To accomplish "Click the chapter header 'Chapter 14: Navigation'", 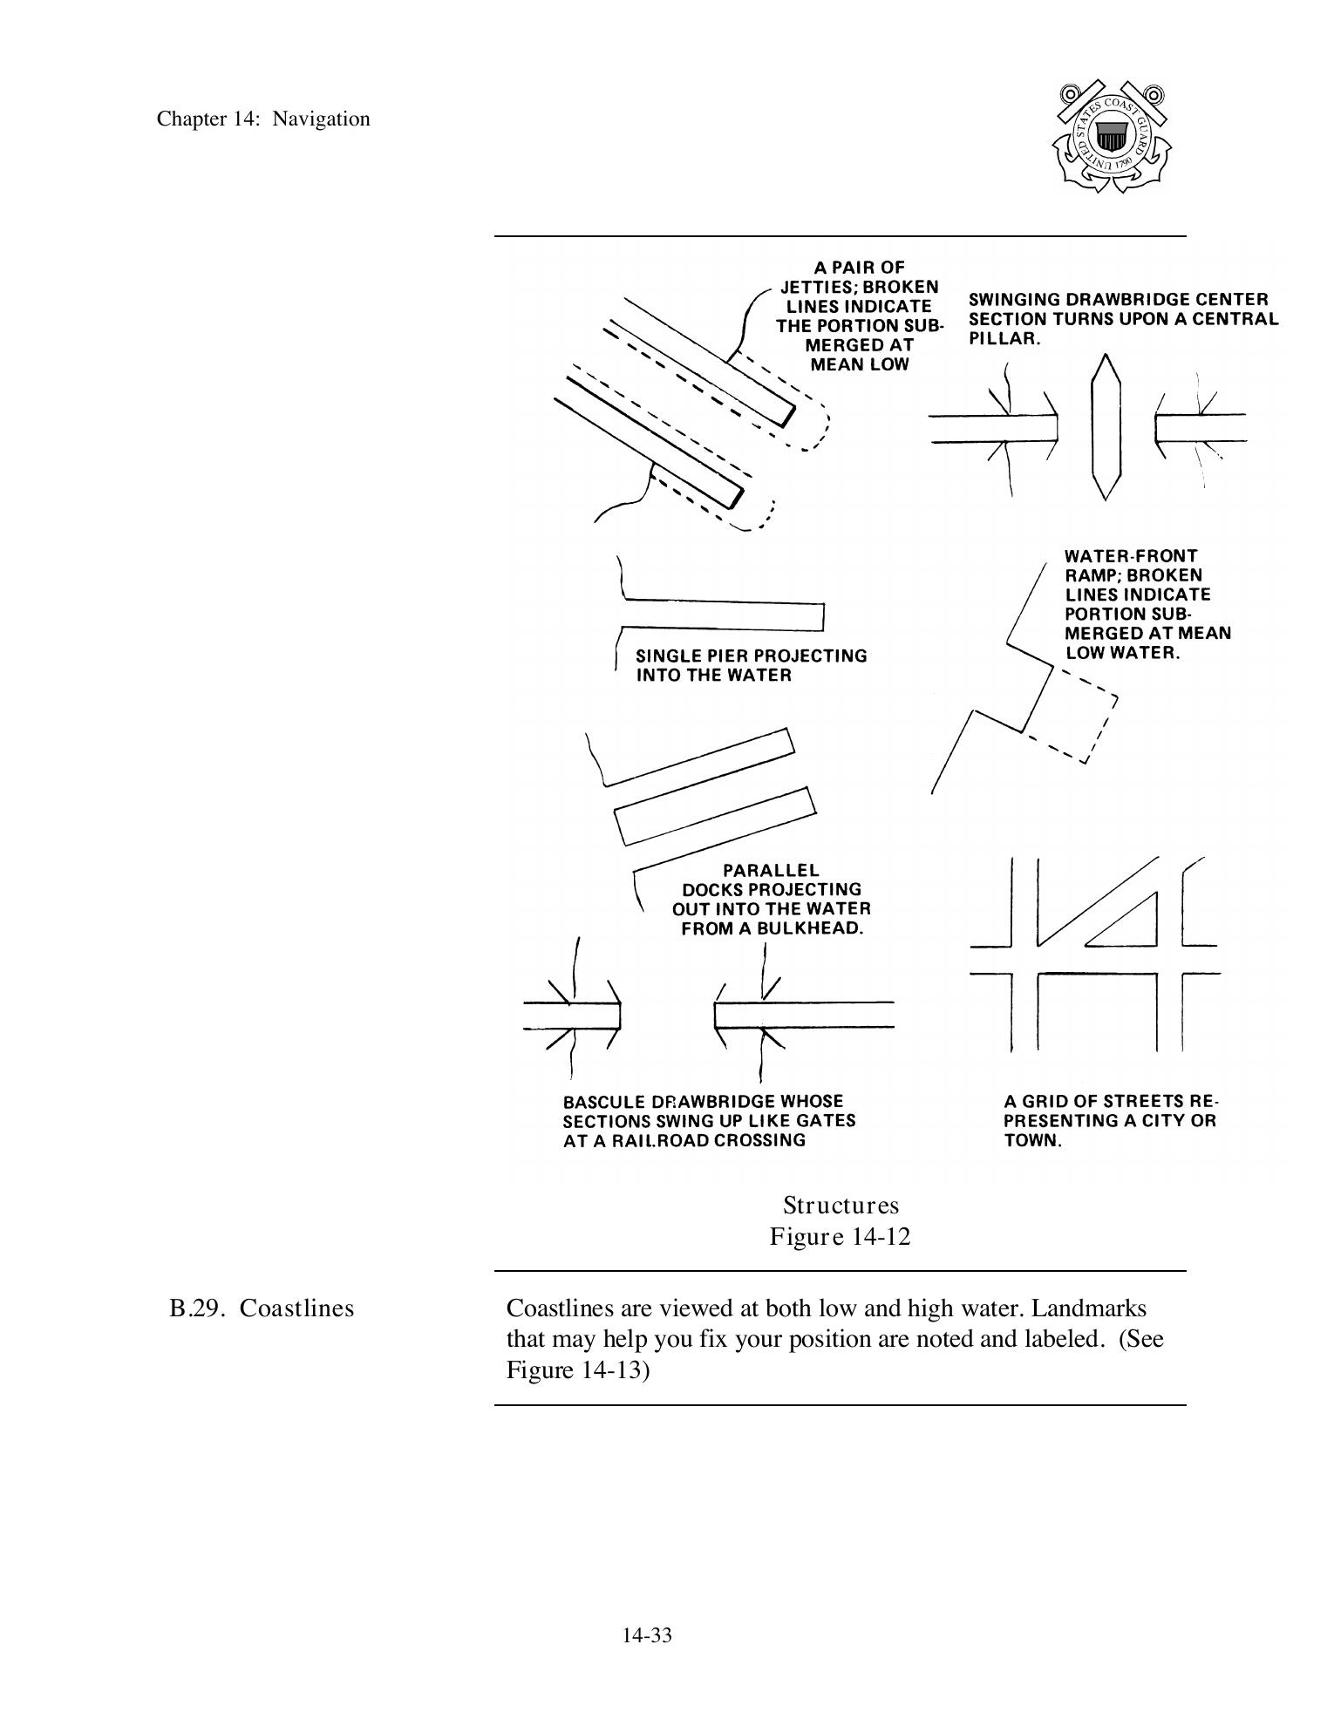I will tap(263, 119).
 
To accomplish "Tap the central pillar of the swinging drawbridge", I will tap(1106, 427).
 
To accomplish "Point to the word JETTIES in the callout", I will tap(815, 288).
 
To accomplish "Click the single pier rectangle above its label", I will tap(724, 615).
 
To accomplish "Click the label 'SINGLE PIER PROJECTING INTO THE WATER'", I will tap(751, 665).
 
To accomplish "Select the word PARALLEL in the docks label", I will tap(772, 870).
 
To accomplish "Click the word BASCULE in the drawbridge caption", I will tap(602, 1102).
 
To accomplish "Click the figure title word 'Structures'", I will tap(841, 1206).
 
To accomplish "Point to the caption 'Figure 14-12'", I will tap(840, 1237).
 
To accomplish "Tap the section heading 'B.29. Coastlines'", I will tap(262, 1308).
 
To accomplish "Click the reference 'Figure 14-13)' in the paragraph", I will tap(578, 1370).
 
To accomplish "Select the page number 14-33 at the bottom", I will tap(647, 1635).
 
